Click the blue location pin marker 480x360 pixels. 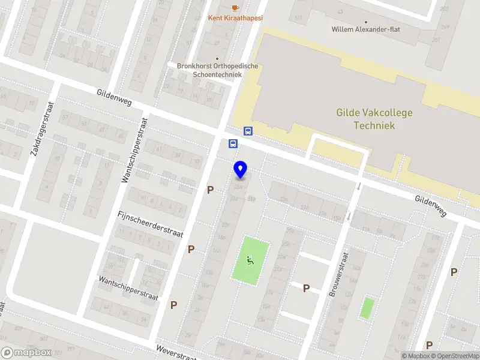240,170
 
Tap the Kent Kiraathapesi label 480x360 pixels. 235,18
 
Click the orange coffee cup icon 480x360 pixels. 235,7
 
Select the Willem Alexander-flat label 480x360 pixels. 365,29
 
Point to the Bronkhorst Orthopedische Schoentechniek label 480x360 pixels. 217,70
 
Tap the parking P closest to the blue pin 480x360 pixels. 210,190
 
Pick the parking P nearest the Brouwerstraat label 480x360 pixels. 306,289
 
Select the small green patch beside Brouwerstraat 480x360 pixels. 367,308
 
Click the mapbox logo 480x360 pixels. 26,353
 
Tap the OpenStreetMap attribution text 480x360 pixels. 457,356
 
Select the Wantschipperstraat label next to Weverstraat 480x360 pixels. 129,288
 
